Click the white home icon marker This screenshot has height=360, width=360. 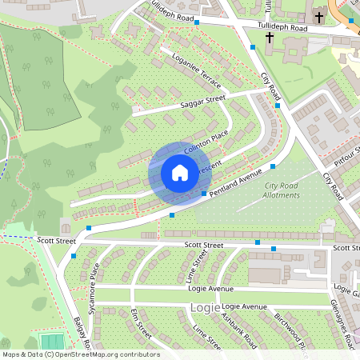pos(180,173)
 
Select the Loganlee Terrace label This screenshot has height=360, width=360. pos(196,70)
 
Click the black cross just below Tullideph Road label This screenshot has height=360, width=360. pos(269,38)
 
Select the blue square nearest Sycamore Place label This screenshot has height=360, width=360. pos(74,256)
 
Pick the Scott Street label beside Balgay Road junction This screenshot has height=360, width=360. pos(56,240)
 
